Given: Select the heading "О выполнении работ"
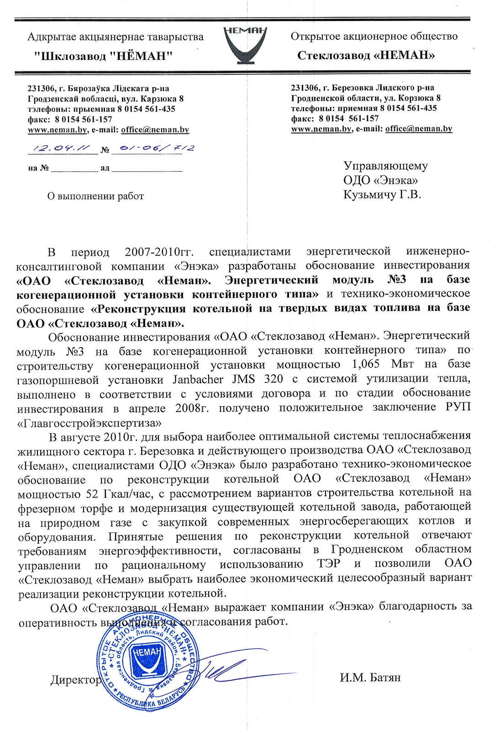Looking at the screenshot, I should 95,196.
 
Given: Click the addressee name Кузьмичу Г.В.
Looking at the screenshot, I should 382,195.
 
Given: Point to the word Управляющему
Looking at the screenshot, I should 385,165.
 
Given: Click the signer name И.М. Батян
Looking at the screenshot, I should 370,677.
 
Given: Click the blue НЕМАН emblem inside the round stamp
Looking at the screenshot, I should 147,659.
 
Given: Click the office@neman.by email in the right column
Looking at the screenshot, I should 419,129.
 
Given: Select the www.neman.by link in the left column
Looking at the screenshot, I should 57,130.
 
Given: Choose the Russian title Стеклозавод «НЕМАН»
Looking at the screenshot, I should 366,56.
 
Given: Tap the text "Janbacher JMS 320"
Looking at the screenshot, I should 228,379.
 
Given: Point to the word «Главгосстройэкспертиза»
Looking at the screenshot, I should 89,423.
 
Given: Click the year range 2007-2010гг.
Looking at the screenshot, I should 159,252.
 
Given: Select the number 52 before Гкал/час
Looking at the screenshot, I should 92,494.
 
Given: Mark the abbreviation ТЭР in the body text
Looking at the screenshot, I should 329,563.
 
